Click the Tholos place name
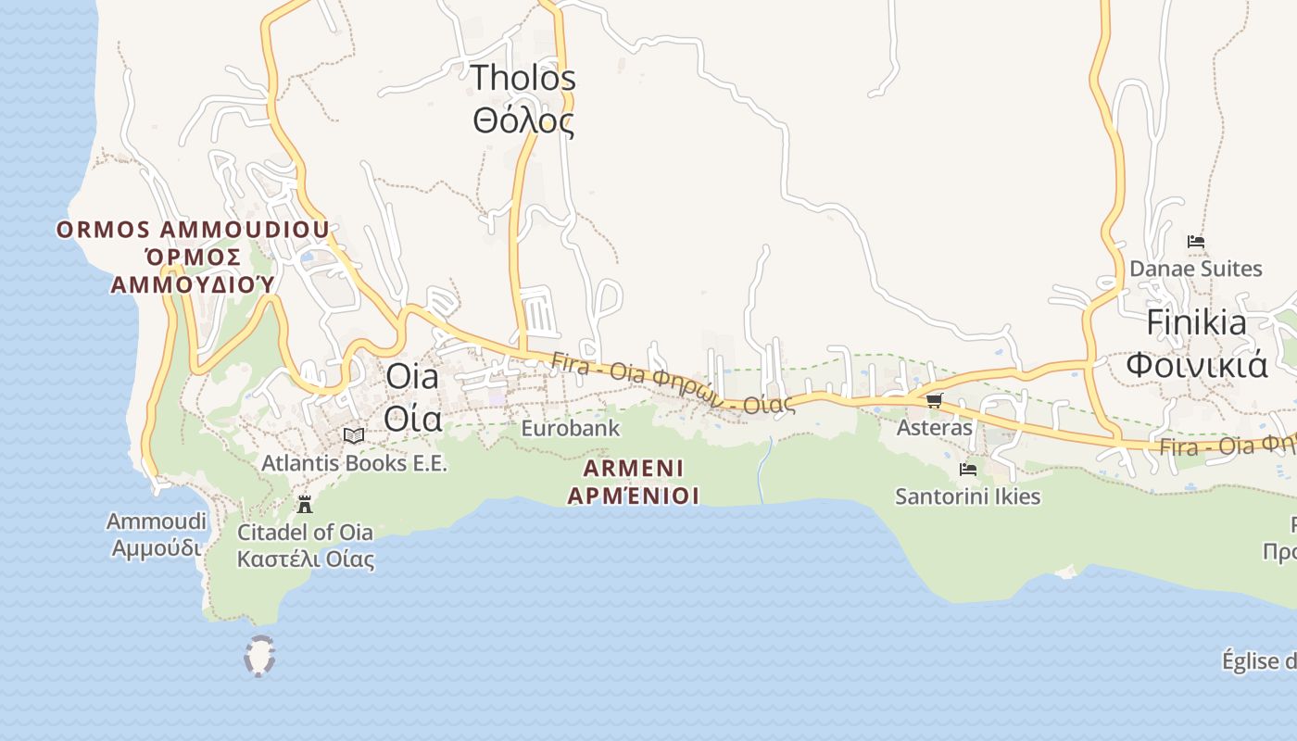(523, 79)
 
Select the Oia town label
(412, 377)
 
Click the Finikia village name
(1196, 323)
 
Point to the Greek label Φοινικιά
(1196, 365)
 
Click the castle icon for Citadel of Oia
(304, 505)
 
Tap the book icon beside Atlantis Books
(353, 435)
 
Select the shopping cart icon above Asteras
(934, 400)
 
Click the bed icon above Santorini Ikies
(968, 470)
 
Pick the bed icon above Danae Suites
(1196, 243)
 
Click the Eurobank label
(570, 429)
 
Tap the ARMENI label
(634, 468)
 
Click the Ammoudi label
(157, 521)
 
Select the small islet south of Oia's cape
(259, 656)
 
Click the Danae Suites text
(1195, 270)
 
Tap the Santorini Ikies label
(967, 496)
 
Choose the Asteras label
(934, 428)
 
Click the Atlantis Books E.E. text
(354, 462)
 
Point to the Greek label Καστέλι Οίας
(306, 559)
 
